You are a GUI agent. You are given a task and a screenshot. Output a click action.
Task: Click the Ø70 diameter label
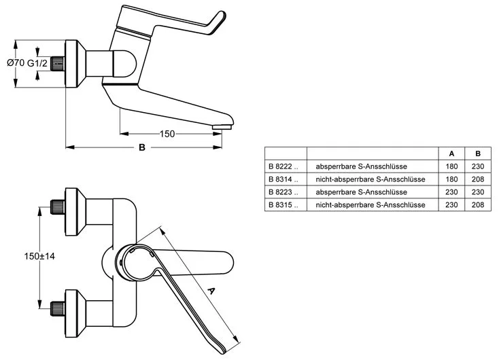pos(16,63)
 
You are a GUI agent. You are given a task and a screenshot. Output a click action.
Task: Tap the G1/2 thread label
pos(37,63)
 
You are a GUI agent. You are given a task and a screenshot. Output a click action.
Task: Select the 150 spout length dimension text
pos(167,134)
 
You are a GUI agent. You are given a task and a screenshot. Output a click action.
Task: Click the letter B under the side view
pos(142,147)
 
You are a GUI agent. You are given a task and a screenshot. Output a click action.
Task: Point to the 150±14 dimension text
pos(39,256)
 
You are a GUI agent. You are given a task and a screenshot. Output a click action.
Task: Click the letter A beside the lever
pos(211,290)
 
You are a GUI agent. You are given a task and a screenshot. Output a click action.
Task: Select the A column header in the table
pos(451,154)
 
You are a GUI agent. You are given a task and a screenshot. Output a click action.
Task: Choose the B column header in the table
pos(478,154)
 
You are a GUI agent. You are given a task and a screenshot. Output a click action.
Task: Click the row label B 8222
pos(283,166)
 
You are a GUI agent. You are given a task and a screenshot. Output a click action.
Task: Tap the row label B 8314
pos(283,179)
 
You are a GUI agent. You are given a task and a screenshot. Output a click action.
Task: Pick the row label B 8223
pos(283,192)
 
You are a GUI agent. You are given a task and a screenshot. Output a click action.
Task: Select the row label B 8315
pos(283,205)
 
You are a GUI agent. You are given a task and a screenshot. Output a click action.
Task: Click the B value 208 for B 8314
pos(478,179)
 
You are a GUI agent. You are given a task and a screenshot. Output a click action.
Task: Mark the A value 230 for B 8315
pos(451,205)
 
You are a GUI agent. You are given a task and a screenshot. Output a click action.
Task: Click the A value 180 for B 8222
pos(451,166)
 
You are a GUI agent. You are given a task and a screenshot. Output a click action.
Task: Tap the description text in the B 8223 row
pos(361,192)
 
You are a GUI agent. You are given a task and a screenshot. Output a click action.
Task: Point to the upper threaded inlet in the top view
pos(58,206)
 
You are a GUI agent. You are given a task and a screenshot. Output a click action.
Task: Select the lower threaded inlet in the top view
pos(58,309)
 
